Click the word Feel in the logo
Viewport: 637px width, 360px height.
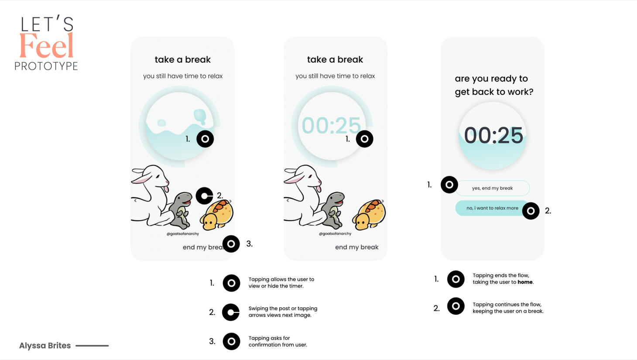pos(47,45)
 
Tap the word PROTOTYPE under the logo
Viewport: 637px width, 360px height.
pos(46,66)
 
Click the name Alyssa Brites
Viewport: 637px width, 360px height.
pos(45,346)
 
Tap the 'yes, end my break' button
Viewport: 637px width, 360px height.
pos(492,188)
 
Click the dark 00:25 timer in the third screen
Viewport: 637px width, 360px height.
pos(493,135)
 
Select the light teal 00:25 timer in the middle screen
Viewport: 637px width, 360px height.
pos(331,125)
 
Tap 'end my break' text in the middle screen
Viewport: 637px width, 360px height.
pos(356,247)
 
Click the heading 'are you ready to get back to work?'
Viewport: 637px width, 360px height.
pos(494,85)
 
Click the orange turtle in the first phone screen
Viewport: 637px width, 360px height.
pos(217,215)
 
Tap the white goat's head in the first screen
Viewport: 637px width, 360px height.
pos(155,177)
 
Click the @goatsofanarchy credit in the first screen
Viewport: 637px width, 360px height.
pos(182,234)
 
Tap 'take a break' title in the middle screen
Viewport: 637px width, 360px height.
pos(335,59)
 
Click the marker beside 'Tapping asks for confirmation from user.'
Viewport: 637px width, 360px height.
pos(231,341)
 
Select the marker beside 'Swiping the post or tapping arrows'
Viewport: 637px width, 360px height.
pos(231,312)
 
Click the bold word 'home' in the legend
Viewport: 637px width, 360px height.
pos(525,282)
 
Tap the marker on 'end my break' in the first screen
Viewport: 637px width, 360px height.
pos(231,243)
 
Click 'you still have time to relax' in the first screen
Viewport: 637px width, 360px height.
pos(182,76)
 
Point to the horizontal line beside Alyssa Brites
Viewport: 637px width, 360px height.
pos(92,346)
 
